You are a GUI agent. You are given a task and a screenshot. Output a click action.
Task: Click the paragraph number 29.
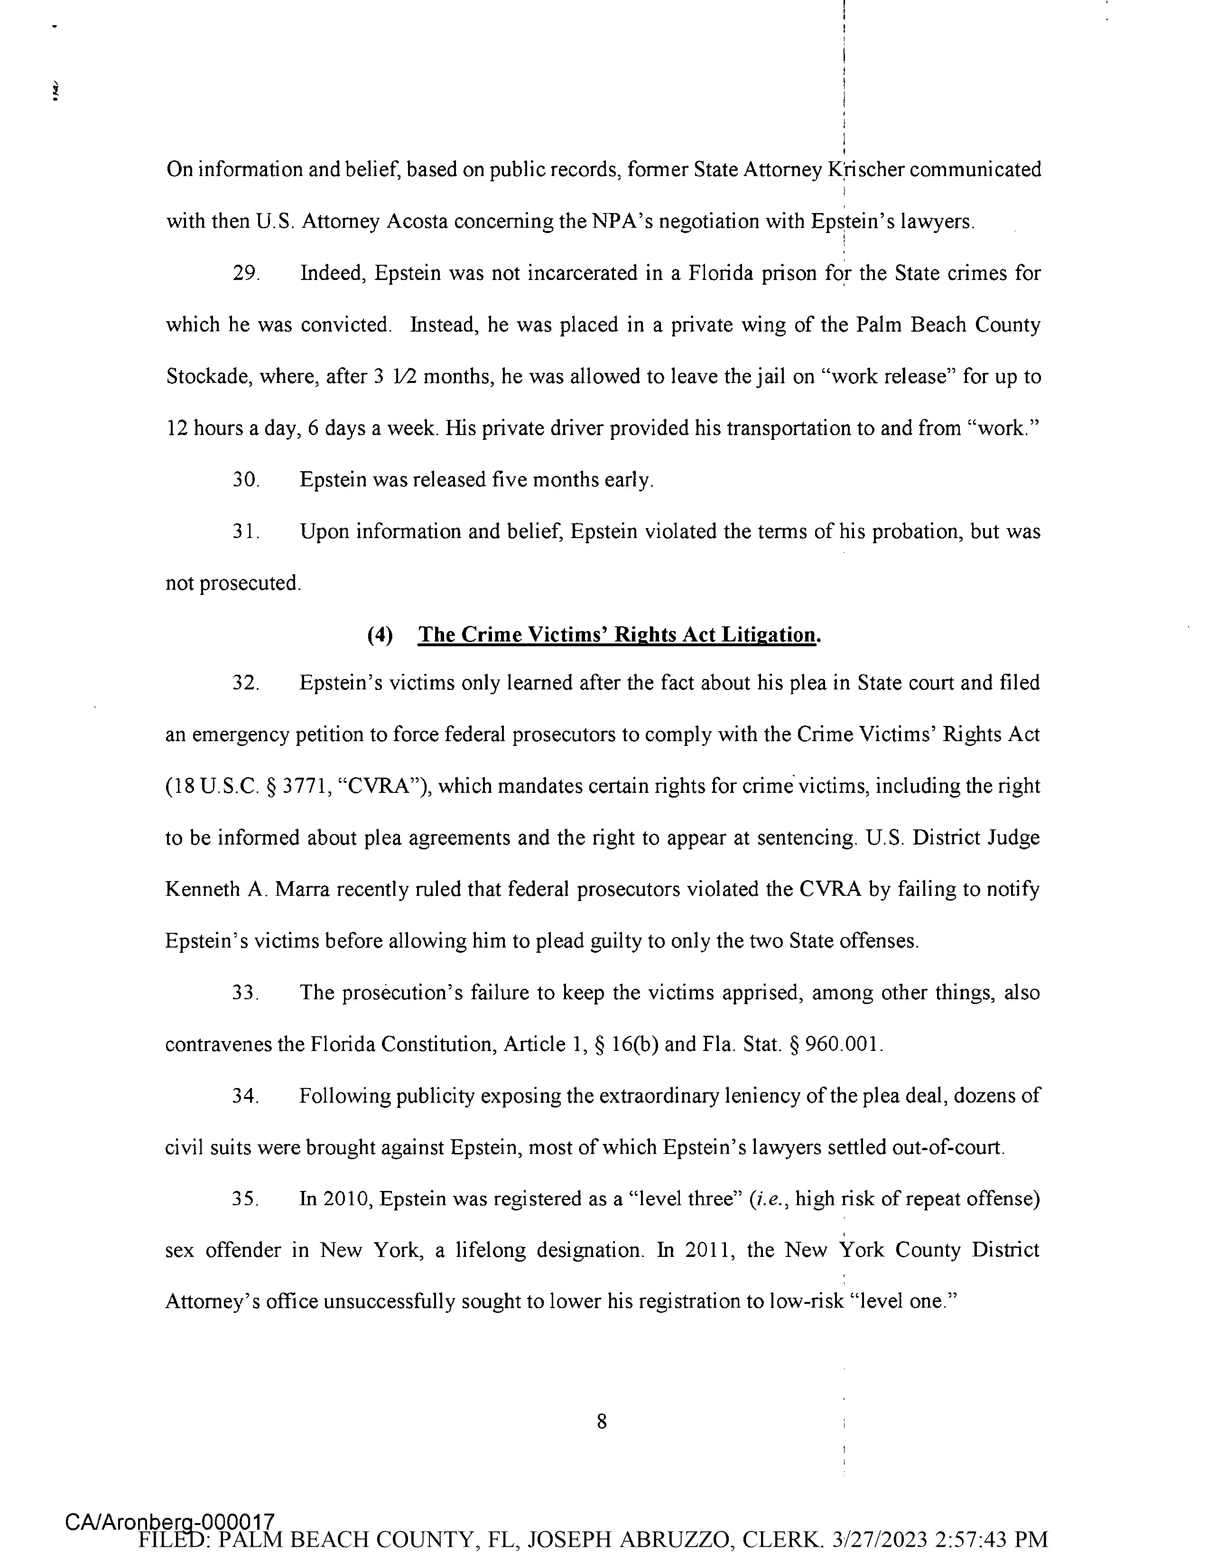pyautogui.click(x=245, y=274)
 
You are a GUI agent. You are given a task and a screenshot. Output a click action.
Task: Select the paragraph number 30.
pyautogui.click(x=245, y=480)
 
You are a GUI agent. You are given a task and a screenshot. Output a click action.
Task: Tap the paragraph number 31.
pyautogui.click(x=245, y=532)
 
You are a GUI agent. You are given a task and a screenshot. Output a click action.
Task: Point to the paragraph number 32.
pyautogui.click(x=245, y=683)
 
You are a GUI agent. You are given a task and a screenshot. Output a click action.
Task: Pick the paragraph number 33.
pyautogui.click(x=245, y=993)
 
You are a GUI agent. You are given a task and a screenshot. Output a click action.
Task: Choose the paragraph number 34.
pyautogui.click(x=245, y=1096)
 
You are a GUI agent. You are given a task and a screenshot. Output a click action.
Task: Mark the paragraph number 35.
pyautogui.click(x=245, y=1199)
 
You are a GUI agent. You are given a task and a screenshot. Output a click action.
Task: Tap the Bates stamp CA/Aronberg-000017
pyautogui.click(x=170, y=1521)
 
